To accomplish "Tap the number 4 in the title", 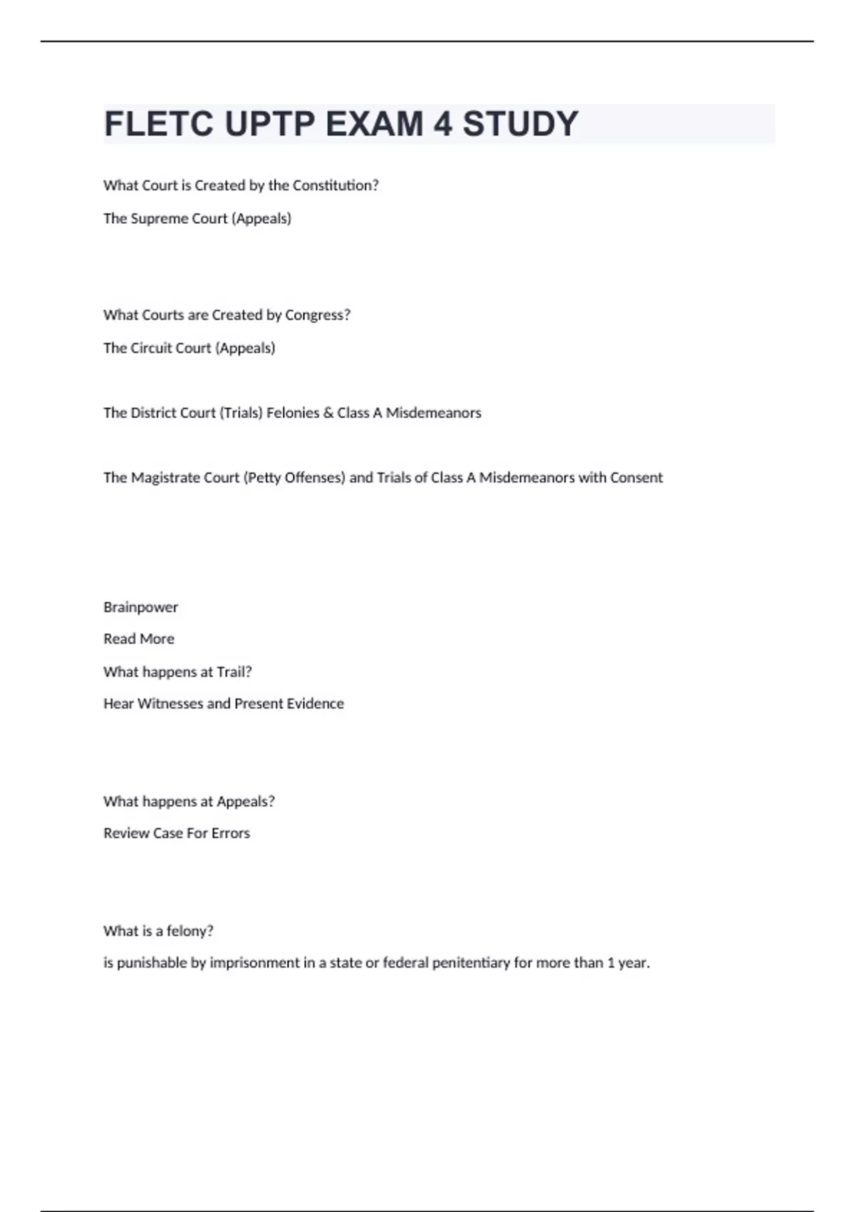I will pos(442,124).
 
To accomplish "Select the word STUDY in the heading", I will pos(520,124).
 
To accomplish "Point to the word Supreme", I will pos(160,218).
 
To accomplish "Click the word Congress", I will pos(317,315).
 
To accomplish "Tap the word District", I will pos(158,413).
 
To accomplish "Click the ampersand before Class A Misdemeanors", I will pos(328,413).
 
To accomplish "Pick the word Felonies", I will pos(293,413).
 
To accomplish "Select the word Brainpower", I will pos(140,607).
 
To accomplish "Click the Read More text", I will pos(139,639).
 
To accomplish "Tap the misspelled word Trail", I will pos(234,672).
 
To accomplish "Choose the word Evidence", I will pos(316,704).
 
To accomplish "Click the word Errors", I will pos(230,833).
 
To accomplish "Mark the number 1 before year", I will pos(611,963).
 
